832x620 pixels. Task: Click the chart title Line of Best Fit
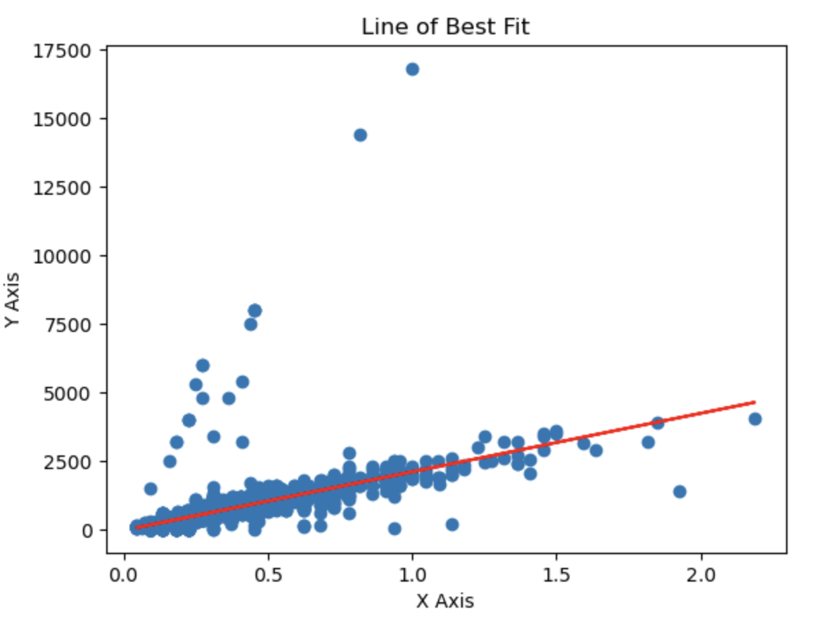pos(445,27)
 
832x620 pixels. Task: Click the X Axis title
pos(445,601)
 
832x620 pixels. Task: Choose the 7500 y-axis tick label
pos(67,324)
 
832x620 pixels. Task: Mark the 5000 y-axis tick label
pos(67,393)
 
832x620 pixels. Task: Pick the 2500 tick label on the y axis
pos(67,462)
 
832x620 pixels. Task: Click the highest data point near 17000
pos(412,69)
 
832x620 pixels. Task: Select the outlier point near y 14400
pos(360,135)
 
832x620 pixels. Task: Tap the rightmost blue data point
pos(755,419)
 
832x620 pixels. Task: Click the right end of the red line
pos(755,402)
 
